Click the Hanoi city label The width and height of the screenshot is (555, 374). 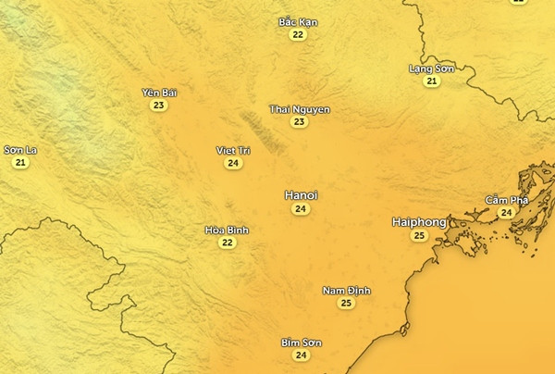point(301,195)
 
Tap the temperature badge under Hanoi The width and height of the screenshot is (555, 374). point(301,209)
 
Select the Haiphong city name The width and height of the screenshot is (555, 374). point(419,222)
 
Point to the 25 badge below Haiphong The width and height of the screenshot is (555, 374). point(419,236)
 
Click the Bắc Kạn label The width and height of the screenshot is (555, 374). point(298,21)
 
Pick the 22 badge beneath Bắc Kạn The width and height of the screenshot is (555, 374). point(298,34)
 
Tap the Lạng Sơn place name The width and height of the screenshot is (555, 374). point(432,69)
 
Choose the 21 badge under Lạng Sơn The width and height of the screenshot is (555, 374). point(432,81)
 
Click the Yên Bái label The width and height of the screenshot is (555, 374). point(159,93)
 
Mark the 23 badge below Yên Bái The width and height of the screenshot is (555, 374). point(159,106)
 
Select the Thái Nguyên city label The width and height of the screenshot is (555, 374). point(300,109)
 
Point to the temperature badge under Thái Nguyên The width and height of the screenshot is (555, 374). point(300,122)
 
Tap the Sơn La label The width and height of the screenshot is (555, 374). point(20,150)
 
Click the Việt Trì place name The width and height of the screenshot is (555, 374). point(233,150)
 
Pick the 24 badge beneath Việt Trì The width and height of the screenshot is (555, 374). point(233,164)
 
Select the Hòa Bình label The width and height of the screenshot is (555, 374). point(227,230)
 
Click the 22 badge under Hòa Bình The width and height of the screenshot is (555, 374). point(227,243)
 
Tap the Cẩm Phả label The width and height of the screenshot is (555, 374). point(506,200)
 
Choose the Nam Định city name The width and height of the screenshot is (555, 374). point(347,291)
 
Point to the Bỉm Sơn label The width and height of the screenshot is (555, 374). point(301,343)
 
